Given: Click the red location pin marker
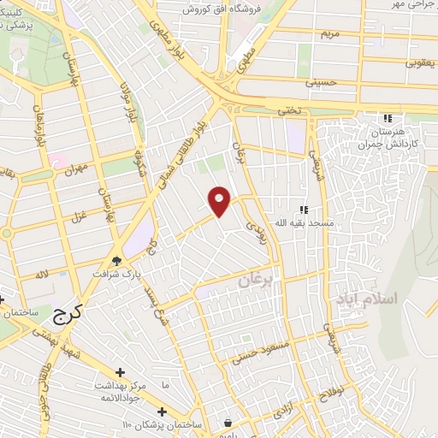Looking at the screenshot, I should tap(220, 201).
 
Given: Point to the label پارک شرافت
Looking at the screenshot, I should tap(118, 275).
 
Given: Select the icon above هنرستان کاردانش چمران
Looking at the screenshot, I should tap(388, 118).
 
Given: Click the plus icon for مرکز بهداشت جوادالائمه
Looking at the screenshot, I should tap(120, 372).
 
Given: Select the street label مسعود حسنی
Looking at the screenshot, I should tap(263, 349).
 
